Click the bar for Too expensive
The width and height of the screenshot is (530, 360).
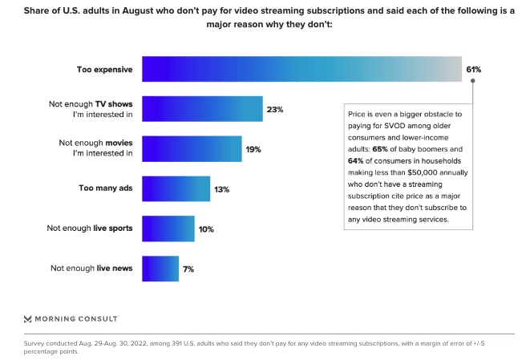(301, 69)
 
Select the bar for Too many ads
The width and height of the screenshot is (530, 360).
(176, 189)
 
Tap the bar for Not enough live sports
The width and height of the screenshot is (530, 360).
(168, 229)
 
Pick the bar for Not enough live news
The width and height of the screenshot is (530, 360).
(160, 269)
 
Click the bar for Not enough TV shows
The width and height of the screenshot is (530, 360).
(203, 109)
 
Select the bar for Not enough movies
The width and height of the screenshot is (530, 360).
(192, 148)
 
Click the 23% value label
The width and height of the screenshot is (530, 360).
(275, 109)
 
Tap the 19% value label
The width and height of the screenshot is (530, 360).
(253, 149)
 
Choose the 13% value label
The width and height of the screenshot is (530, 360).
(222, 189)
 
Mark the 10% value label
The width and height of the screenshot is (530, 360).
(206, 229)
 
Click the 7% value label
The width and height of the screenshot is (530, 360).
(188, 269)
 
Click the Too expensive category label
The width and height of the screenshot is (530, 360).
(104, 70)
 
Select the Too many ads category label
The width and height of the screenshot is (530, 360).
(105, 189)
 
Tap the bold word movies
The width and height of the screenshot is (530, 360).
(116, 142)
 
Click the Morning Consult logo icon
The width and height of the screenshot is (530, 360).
(28, 317)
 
